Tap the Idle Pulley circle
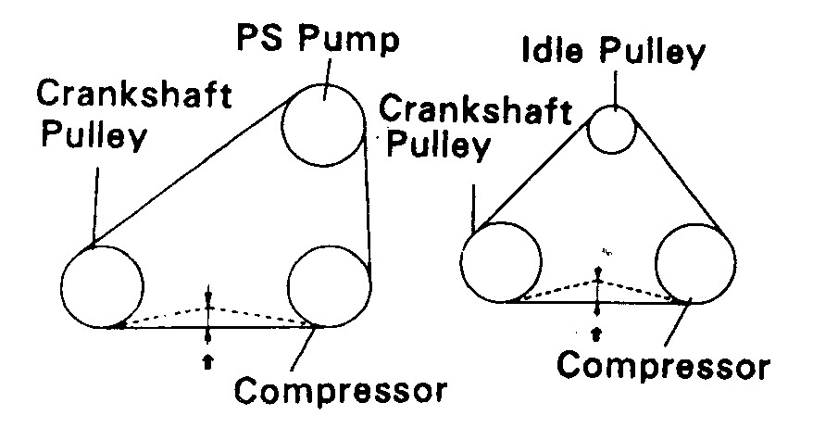pyautogui.click(x=611, y=129)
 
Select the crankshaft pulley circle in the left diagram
pyautogui.click(x=104, y=285)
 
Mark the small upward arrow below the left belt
pyautogui.click(x=207, y=361)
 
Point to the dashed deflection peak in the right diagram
pyautogui.click(x=599, y=276)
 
